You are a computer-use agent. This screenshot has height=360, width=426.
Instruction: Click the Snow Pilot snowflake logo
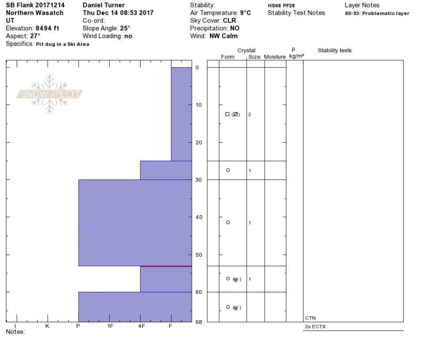[49, 94]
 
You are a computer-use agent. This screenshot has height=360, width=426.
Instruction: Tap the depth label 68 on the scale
[199, 322]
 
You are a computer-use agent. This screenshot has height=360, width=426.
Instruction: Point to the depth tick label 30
[199, 180]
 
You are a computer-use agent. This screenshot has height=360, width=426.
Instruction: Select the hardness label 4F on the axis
[141, 326]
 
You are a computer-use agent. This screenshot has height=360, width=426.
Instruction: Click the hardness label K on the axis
[47, 326]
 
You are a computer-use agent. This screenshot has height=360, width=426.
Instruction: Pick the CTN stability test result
[310, 318]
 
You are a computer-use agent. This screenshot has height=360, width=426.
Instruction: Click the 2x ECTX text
[315, 326]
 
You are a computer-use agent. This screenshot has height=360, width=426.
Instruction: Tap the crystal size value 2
[249, 114]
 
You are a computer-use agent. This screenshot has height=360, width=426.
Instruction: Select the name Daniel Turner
[103, 5]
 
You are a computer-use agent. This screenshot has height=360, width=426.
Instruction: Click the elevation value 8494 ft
[47, 28]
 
